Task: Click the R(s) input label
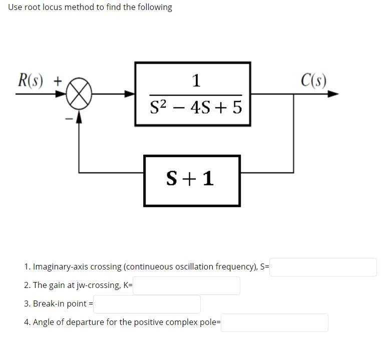pyautogui.click(x=31, y=80)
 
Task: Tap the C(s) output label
pyautogui.click(x=314, y=80)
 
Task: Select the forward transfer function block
pyautogui.click(x=192, y=94)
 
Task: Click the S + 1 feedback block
pyautogui.click(x=192, y=180)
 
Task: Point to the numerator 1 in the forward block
pyautogui.click(x=196, y=80)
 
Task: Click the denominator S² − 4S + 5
pyautogui.click(x=196, y=107)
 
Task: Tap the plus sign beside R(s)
pyautogui.click(x=58, y=80)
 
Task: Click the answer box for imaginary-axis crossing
pyautogui.click(x=323, y=267)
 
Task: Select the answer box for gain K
pyautogui.click(x=186, y=285)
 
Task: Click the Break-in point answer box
pyautogui.click(x=147, y=304)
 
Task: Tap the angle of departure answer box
pyautogui.click(x=274, y=322)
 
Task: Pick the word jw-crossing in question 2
pyautogui.click(x=100, y=285)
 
